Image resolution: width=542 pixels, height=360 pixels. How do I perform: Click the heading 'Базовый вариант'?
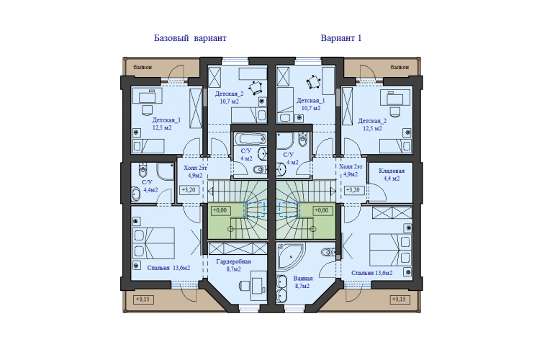coord(190,38)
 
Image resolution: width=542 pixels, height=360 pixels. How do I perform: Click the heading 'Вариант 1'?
coord(341,38)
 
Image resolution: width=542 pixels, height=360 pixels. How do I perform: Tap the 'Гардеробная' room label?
coord(233,262)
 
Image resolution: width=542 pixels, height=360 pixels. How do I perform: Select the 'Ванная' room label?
coord(303,279)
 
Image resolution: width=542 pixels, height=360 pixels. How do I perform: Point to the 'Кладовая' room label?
coord(392,171)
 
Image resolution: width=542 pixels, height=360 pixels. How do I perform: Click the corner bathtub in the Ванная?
coord(290,256)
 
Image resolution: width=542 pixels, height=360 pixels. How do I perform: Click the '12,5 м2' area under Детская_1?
coord(162,127)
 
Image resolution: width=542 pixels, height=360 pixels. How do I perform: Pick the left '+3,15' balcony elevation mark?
coord(143,299)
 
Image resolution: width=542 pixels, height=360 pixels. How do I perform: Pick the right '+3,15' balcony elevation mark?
coord(399,299)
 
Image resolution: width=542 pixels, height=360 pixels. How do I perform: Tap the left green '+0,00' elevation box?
coord(220,210)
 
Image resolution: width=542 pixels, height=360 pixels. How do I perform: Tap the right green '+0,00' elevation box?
coord(322,210)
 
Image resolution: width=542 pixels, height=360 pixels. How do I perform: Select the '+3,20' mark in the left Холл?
coord(189,190)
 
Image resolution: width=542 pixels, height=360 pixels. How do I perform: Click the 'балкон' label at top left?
coord(143,67)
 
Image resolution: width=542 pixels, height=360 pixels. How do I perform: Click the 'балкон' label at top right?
coord(400,67)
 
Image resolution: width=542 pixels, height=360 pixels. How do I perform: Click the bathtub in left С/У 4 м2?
coord(250,139)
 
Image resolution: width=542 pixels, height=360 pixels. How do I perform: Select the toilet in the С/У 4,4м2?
coord(143,169)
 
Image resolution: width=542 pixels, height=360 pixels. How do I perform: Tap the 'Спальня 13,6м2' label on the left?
coord(168,268)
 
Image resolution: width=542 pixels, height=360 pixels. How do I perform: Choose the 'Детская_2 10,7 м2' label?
coord(229,97)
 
